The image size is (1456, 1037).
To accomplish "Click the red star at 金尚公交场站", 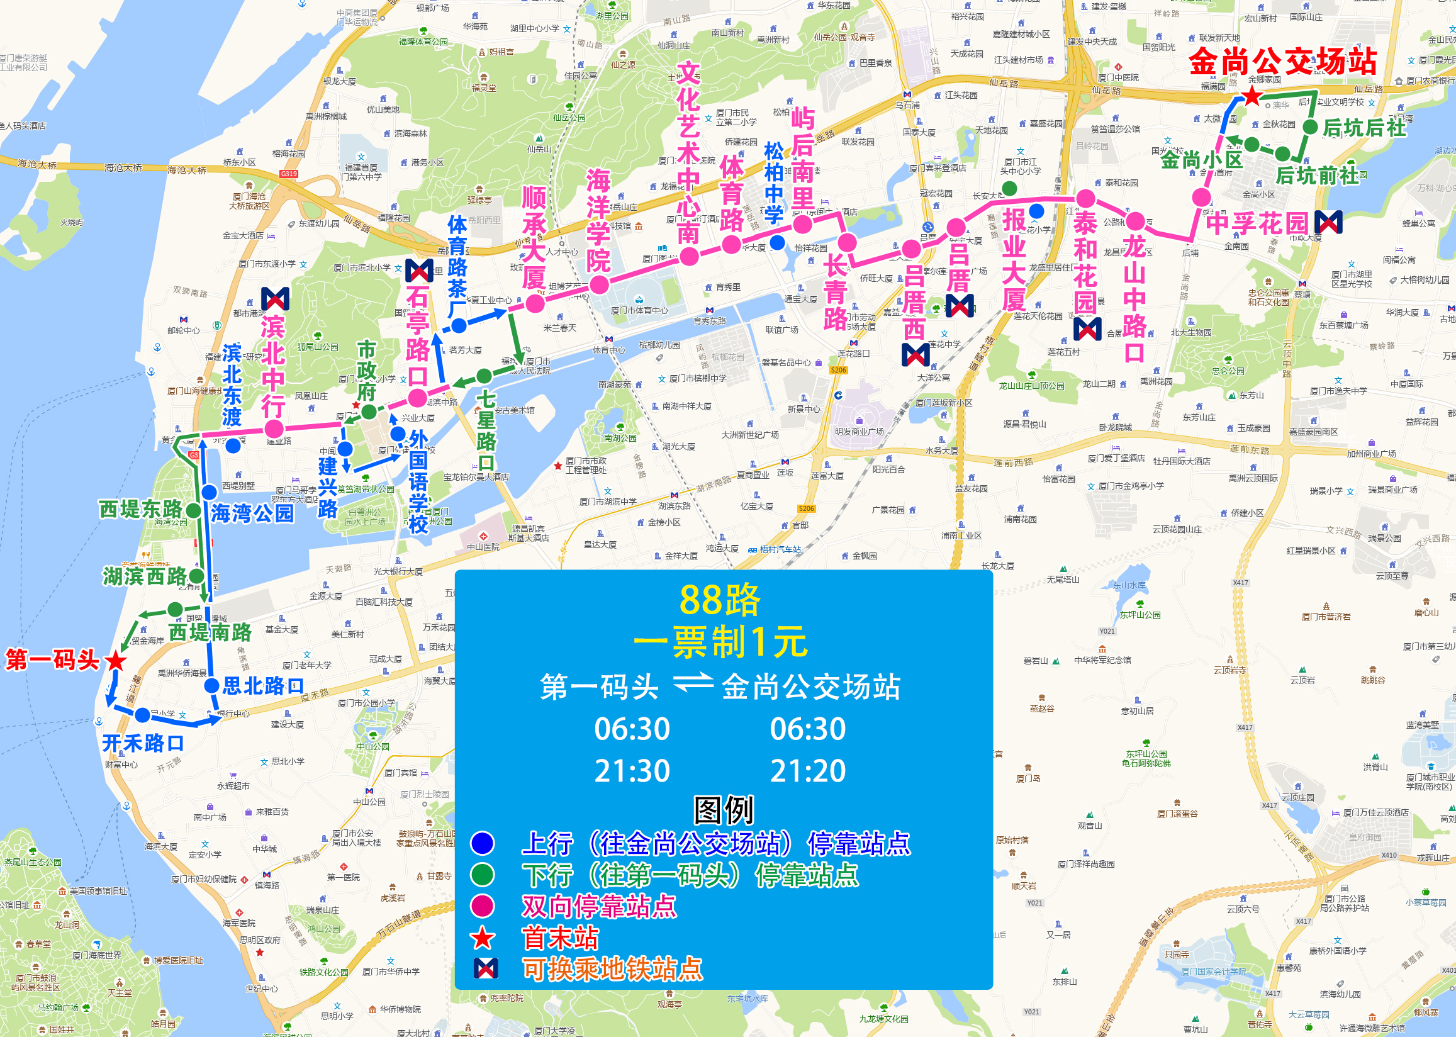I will coord(1252,96).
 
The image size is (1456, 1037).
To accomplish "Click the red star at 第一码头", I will coord(116,661).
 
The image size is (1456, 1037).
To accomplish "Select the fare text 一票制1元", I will coord(720,642).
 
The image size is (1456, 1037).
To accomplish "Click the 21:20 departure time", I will coord(807,771).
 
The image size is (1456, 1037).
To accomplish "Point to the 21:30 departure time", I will coord(632,771).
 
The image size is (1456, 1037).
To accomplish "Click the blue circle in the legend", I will coord(483,843).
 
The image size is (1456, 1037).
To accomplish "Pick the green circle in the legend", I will coord(483,874).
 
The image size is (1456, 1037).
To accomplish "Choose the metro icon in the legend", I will coord(485,968).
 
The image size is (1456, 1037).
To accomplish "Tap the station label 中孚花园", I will coord(1257,223).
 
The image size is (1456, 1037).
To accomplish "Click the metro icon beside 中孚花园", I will coord(1328,221).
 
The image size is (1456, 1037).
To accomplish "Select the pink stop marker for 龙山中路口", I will coord(1135,221).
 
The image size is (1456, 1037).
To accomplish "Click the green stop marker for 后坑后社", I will coord(1310,127).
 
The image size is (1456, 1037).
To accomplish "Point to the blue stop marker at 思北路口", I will coord(212,686).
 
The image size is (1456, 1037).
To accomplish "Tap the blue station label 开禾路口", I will coord(143,743).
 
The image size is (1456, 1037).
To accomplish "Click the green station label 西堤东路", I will coord(140,509).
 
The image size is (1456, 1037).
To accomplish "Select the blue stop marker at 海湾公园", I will coord(210,492).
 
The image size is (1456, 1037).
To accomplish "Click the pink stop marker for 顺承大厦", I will coord(535,303).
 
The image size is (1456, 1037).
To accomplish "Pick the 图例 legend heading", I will coord(724,810).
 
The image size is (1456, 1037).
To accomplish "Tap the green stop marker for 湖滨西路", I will coord(196,576).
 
